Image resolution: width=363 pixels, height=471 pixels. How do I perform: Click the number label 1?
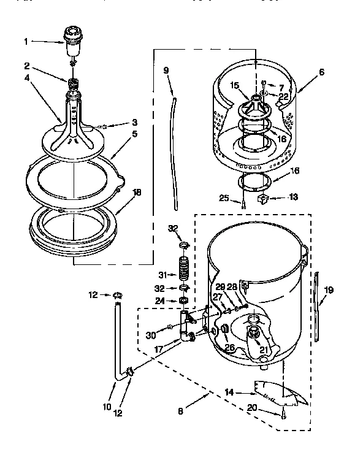(26, 42)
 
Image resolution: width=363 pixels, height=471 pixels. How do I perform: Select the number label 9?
(166, 70)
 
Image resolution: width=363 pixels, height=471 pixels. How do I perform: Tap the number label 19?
(329, 290)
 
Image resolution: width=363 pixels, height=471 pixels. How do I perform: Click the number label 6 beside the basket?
(321, 72)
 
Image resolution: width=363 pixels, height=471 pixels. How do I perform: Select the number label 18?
(137, 192)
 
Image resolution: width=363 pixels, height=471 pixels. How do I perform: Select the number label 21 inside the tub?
(264, 350)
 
